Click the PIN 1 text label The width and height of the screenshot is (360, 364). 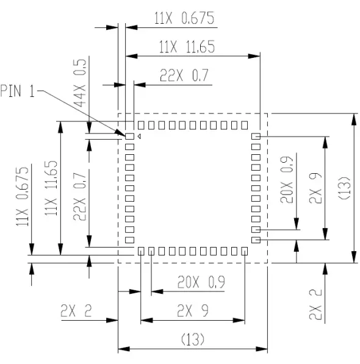[x=18, y=91]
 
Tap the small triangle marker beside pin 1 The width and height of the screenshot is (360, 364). [x=139, y=137]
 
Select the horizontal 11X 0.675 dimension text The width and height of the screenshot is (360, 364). [x=185, y=19]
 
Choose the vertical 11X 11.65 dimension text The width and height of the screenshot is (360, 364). [x=51, y=188]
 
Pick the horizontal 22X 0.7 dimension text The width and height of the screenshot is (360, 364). [x=184, y=76]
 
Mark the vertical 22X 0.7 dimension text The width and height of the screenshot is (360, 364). [x=79, y=196]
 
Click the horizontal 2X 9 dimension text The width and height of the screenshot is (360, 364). [x=192, y=311]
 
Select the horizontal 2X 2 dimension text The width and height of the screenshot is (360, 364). [x=76, y=311]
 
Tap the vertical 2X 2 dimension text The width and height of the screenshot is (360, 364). [x=315, y=305]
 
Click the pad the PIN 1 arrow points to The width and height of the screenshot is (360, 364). [x=129, y=137]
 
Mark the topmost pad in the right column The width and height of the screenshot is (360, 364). [x=256, y=137]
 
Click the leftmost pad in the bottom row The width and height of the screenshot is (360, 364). [x=141, y=251]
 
